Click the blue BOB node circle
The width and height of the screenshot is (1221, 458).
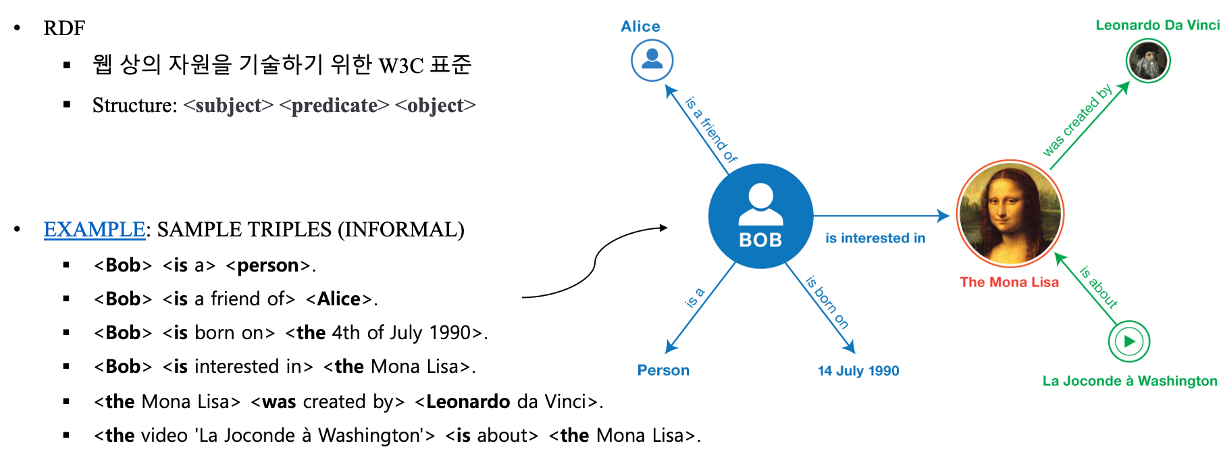[760, 215]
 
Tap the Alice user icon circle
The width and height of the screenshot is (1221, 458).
[652, 60]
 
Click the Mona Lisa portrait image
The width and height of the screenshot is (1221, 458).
[1010, 213]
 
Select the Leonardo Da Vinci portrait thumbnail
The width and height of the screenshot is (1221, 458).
[1147, 60]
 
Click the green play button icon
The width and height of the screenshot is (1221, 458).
[1128, 341]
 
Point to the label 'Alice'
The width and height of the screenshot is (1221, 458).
[640, 26]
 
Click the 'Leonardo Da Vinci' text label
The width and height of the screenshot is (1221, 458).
[1157, 25]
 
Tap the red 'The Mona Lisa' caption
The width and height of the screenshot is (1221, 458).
[1009, 282]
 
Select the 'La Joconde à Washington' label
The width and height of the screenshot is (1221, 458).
[1129, 381]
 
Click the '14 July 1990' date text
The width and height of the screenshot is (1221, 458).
[858, 371]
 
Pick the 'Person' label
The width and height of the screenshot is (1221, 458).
[663, 370]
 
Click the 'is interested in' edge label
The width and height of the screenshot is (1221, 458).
[875, 238]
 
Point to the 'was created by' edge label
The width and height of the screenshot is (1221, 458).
[1076, 120]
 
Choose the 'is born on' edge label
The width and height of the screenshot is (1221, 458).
[827, 302]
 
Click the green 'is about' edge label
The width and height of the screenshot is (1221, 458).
[1098, 287]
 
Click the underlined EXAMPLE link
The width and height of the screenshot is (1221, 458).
[95, 229]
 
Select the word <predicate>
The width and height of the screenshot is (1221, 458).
[334, 105]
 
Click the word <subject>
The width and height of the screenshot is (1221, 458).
[228, 105]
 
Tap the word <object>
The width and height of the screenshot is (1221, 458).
[435, 105]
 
